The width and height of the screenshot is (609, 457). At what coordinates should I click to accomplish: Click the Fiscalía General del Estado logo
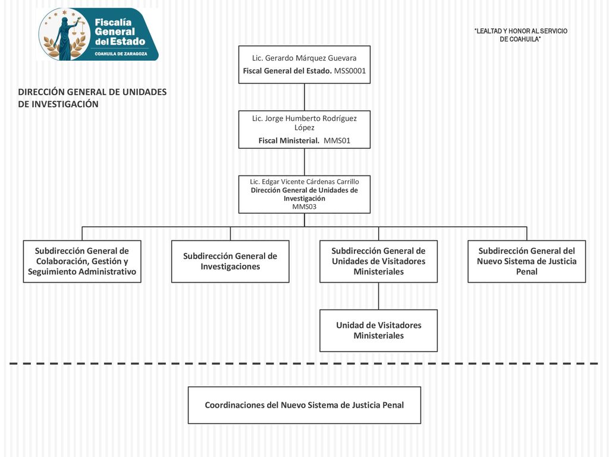[x=99, y=34]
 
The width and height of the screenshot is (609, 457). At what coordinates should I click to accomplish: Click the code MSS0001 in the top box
[x=350, y=71]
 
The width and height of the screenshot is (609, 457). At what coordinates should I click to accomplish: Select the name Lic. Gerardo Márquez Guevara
[x=304, y=58]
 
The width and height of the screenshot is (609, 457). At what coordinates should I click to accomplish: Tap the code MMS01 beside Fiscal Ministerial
[x=337, y=140]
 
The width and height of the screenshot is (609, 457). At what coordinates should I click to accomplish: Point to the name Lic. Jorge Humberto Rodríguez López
[x=304, y=123]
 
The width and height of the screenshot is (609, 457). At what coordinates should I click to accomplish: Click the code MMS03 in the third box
[x=304, y=206]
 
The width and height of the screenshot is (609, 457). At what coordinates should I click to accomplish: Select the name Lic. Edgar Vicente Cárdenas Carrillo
[x=304, y=181]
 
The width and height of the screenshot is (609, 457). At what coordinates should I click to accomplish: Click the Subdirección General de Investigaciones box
[x=230, y=261]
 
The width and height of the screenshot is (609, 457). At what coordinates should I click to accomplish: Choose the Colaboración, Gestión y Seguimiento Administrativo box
[x=82, y=261]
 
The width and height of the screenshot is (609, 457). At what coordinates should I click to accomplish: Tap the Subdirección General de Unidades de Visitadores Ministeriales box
[x=378, y=261]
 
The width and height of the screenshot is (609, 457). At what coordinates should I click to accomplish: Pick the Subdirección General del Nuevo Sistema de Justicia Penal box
[x=527, y=261]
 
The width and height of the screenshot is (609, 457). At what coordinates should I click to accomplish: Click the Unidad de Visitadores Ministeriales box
[x=378, y=331]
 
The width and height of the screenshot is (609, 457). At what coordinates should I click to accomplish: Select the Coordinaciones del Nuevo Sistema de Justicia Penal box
[x=304, y=405]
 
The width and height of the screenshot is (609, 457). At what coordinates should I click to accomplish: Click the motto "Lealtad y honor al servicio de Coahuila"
[x=520, y=35]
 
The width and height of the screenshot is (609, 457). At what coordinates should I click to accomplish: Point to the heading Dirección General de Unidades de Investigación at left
[x=92, y=98]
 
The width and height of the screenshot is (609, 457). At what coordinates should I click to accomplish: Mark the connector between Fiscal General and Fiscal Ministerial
[x=304, y=97]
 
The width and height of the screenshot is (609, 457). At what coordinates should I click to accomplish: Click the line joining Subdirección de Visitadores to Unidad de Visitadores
[x=378, y=296]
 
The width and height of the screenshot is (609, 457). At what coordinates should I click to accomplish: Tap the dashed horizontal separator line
[x=304, y=364]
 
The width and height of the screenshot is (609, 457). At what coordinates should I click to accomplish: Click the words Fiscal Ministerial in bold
[x=289, y=140]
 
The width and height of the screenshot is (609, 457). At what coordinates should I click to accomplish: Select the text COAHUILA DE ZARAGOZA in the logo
[x=121, y=54]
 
